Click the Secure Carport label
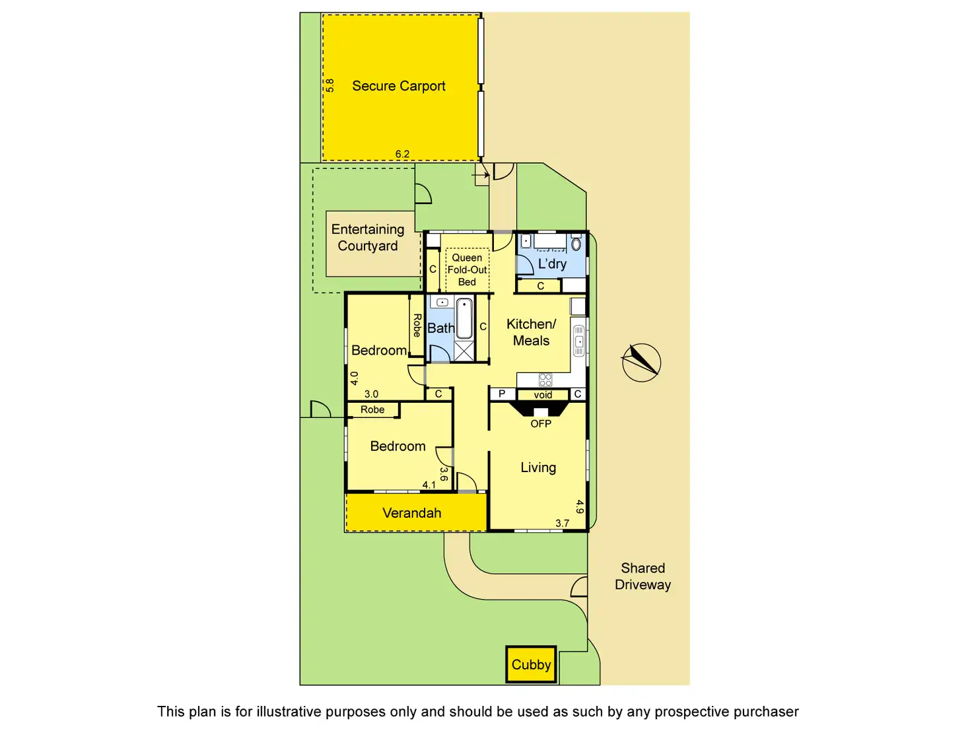click(x=398, y=86)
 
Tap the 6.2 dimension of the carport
click(x=402, y=154)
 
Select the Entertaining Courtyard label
click(x=368, y=237)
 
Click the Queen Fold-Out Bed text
click(x=467, y=269)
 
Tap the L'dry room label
click(x=552, y=264)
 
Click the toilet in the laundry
click(x=576, y=244)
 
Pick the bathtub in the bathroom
click(x=464, y=318)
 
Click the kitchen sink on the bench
click(x=578, y=341)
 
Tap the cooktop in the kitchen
click(x=545, y=380)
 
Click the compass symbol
click(x=641, y=363)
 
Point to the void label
click(x=543, y=395)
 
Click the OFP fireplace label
click(x=541, y=423)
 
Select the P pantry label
click(x=502, y=394)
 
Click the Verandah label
click(x=412, y=513)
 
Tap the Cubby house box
click(x=531, y=664)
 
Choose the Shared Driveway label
click(x=642, y=576)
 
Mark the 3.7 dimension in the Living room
click(x=562, y=523)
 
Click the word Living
click(x=538, y=468)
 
